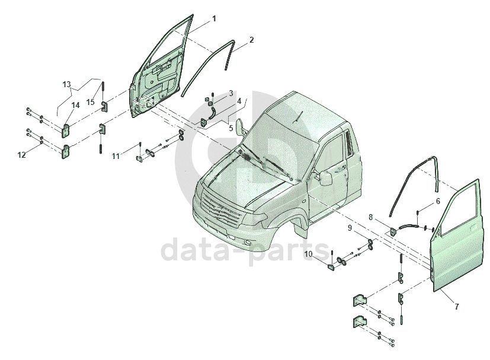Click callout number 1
point(214,19)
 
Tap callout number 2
point(252,40)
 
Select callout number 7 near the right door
point(457,307)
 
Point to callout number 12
point(21,155)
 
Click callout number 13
point(66,84)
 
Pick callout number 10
point(309,254)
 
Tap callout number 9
point(350,228)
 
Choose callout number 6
point(438,201)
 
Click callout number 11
point(116,156)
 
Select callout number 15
point(90,102)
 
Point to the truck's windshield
point(281,147)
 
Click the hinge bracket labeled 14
point(66,130)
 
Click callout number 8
point(371,216)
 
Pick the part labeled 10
point(331,267)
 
